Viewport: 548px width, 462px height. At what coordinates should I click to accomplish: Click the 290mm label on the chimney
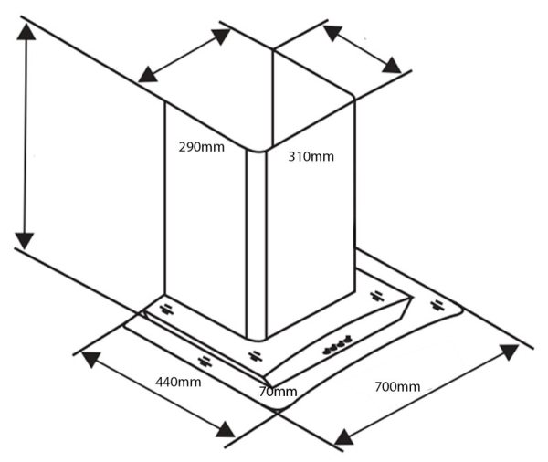pos(202,146)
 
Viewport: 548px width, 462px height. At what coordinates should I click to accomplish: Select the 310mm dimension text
pos(311,156)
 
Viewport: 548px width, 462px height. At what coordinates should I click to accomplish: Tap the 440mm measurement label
pos(178,381)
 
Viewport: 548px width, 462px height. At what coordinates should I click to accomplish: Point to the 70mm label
pos(278,392)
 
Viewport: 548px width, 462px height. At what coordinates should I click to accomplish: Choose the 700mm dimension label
pos(397,387)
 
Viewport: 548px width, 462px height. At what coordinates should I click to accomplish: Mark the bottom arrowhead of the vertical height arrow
pos(26,239)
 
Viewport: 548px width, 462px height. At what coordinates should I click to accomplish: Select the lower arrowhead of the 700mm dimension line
pos(344,437)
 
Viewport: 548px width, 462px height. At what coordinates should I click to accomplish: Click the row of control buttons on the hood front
pos(335,346)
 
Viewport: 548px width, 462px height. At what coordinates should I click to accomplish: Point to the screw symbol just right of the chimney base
pos(375,295)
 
